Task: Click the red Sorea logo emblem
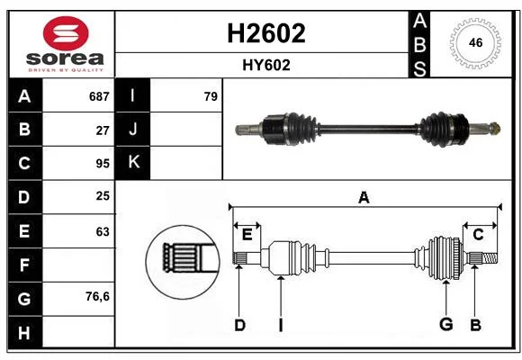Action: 66,33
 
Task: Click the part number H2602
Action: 266,33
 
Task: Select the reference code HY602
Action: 266,66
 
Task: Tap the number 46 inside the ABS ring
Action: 475,42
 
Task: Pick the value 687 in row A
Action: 99,96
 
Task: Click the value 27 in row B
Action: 103,130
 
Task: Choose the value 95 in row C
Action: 103,164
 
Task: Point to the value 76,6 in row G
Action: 97,296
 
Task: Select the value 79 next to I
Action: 211,96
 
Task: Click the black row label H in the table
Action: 24,333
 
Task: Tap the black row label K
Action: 133,162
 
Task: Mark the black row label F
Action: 24,265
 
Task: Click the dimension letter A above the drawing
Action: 364,197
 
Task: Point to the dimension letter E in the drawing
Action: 247,235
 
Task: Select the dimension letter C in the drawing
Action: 478,235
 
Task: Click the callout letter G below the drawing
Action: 446,324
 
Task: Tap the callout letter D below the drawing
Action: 239,325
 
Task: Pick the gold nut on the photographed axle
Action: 495,128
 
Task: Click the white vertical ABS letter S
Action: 419,68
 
